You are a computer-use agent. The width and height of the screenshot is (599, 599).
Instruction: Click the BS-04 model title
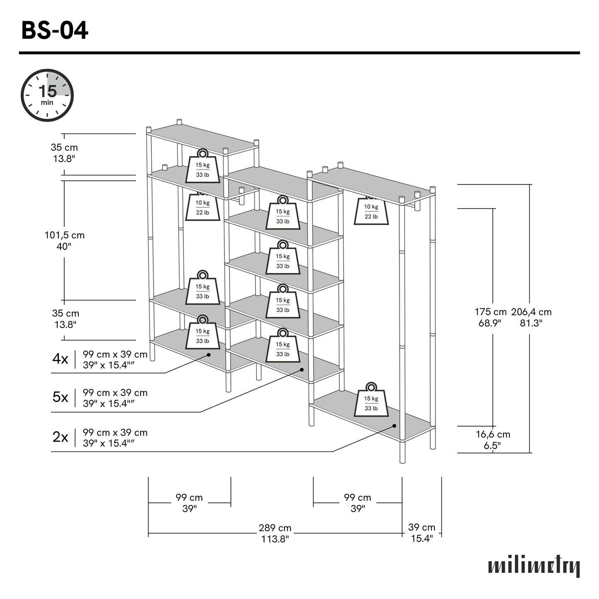(x=54, y=31)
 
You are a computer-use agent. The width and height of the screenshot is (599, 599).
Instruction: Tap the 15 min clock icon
(x=47, y=95)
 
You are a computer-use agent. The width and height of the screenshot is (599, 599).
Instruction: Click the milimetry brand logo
(x=534, y=566)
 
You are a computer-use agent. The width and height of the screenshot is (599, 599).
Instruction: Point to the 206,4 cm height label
(x=531, y=318)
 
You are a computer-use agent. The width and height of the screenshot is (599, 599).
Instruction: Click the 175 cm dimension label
(x=490, y=318)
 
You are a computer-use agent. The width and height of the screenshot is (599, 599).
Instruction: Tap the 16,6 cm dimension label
(x=492, y=440)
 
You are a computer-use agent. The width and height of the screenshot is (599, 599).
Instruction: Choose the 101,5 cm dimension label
(x=64, y=240)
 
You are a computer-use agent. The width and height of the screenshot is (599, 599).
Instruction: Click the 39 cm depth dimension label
(x=422, y=533)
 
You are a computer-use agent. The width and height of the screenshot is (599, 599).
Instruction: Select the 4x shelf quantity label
(x=60, y=359)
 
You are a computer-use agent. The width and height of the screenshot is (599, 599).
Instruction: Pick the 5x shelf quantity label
(x=60, y=397)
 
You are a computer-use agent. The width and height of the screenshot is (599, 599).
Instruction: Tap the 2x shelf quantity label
(x=60, y=437)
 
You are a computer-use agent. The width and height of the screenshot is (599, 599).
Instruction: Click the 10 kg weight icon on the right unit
(x=371, y=211)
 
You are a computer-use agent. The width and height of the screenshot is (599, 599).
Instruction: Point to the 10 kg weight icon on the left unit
(x=202, y=207)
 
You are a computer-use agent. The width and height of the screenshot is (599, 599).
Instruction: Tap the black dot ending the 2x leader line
(x=394, y=426)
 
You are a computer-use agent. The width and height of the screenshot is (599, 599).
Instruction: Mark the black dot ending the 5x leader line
(x=302, y=369)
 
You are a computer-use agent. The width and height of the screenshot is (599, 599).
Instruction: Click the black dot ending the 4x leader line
(x=209, y=355)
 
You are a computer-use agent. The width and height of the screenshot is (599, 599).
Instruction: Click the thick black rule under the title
(x=299, y=53)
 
